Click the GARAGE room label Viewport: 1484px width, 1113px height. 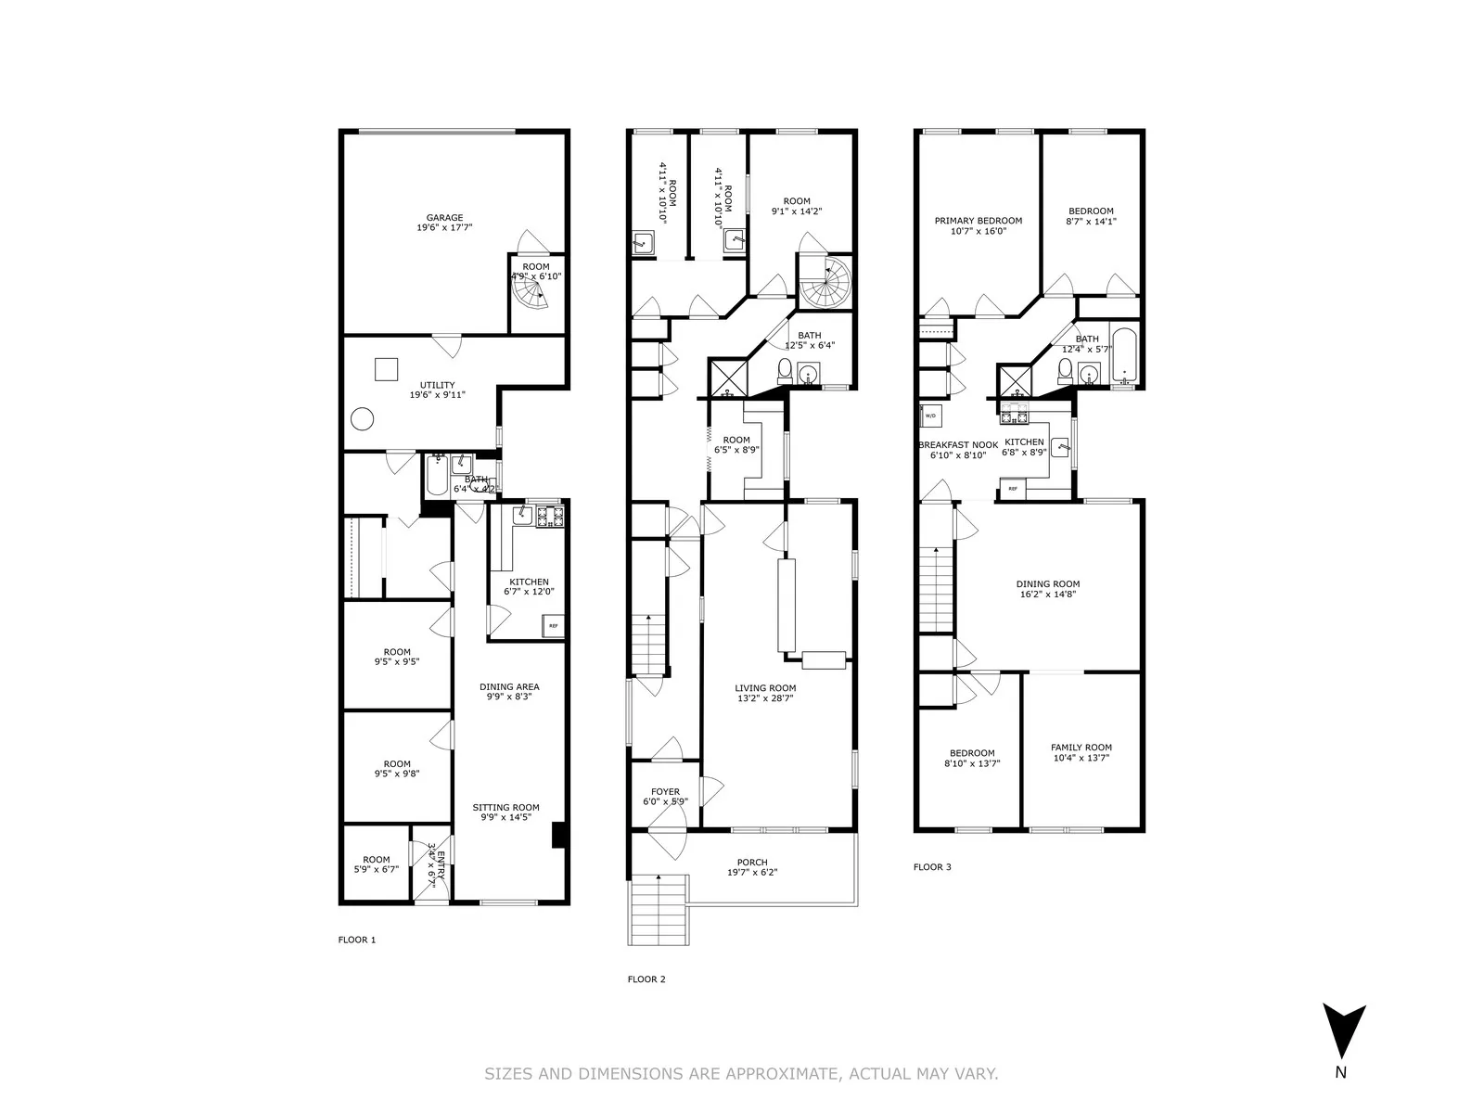[444, 218]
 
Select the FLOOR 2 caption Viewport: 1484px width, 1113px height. [646, 979]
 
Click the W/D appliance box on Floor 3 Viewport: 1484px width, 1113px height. [930, 415]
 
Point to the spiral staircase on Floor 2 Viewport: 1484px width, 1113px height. [825, 283]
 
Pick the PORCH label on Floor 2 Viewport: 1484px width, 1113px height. [752, 863]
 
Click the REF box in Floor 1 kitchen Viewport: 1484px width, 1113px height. [554, 626]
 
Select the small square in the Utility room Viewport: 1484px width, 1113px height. [387, 368]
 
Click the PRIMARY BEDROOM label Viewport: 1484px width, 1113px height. [978, 221]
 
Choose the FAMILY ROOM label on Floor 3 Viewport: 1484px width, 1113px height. [1081, 748]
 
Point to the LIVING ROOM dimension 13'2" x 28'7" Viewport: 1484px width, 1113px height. [766, 698]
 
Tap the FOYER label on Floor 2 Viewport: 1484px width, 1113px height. [665, 792]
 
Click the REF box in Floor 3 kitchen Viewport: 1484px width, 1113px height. [1013, 488]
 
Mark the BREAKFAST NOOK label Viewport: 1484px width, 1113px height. [958, 445]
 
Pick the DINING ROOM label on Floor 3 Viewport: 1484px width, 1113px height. [1047, 584]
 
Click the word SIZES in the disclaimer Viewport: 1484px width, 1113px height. [508, 1074]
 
